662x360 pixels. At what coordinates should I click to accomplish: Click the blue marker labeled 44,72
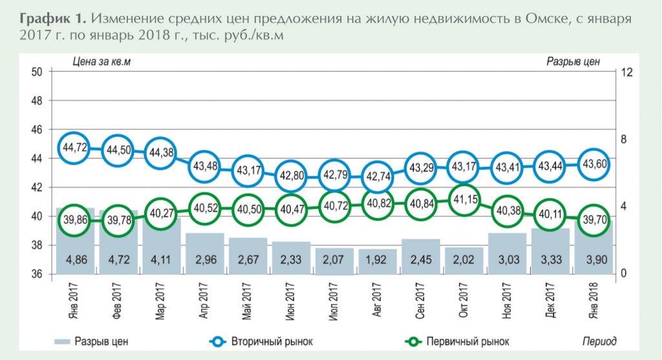[x=74, y=147]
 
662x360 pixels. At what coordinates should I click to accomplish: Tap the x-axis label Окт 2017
[x=464, y=299]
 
